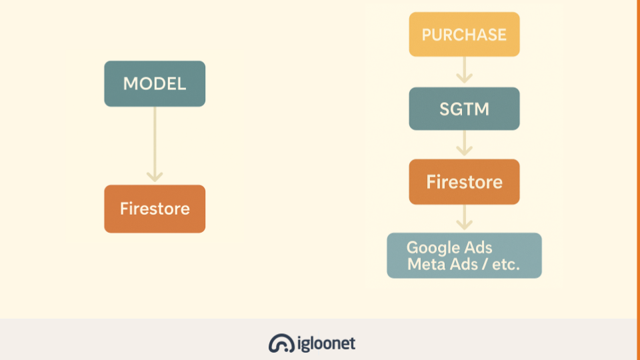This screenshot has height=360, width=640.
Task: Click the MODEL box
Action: coord(155,84)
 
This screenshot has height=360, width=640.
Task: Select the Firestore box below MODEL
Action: coord(155,209)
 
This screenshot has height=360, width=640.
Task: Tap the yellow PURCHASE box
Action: coord(464,34)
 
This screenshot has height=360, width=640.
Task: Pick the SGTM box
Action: coord(464,109)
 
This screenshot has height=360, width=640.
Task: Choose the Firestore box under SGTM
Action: coord(464,181)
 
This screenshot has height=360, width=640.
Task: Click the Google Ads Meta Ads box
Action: coord(464,255)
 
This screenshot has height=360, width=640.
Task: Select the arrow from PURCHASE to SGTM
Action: coord(464,70)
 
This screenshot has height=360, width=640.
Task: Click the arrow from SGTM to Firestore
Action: coord(464,143)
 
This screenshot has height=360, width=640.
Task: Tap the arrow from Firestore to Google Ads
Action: coord(464,217)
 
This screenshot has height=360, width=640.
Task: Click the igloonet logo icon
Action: coord(281,343)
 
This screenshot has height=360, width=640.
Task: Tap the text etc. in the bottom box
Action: coord(506,265)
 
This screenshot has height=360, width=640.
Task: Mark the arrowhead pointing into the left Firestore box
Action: coord(155,177)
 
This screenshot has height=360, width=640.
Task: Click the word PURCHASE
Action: coord(464,35)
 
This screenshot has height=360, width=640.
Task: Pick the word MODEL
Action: coord(155,84)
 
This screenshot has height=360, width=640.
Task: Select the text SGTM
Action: coord(464,109)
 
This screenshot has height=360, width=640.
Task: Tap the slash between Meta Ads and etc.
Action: coord(484,265)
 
